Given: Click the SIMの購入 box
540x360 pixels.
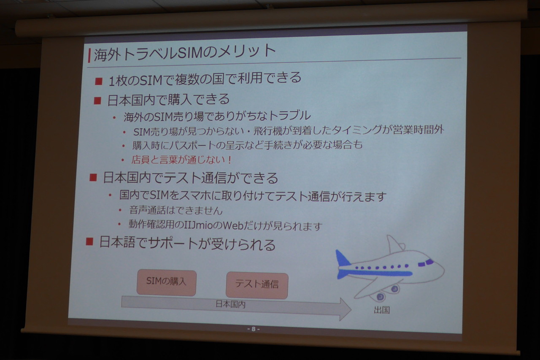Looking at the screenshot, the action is pos(166,283).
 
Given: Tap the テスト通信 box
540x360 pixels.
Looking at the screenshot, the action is pos(257,285).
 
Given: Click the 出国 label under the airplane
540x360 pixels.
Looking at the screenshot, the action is pos(382,310).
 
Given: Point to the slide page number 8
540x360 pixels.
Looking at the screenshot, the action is pos(254,329).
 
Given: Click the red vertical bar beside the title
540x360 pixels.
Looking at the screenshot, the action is pos(89,55).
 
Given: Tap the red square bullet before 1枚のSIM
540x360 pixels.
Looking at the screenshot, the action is pos(99,81).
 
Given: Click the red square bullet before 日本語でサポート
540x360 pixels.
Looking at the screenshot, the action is pos(89,241).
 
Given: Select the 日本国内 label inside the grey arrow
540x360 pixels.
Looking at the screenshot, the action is pos(230,304).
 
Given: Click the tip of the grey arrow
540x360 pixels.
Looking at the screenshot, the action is pos(351,309).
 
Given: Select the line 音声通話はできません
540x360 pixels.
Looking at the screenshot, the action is pos(176,211).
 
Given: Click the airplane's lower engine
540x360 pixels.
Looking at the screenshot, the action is pos(379,297).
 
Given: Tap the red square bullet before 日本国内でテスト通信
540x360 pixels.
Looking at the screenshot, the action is pos(93,178).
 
